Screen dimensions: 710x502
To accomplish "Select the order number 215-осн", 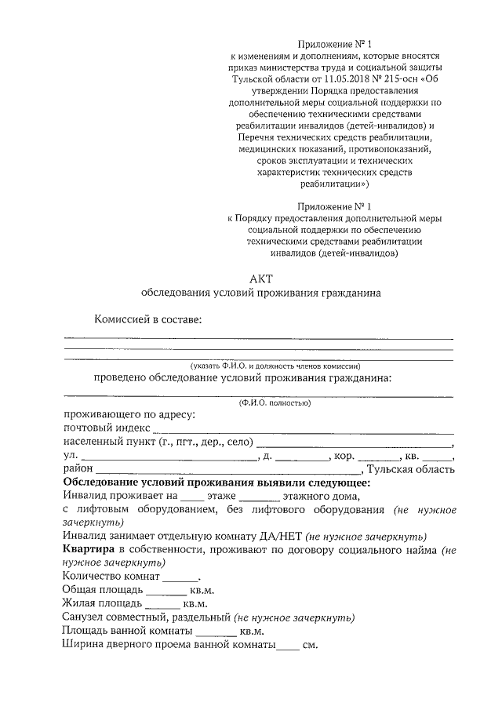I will pyautogui.click(x=393, y=79).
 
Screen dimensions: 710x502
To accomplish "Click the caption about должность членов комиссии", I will pyautogui.click(x=275, y=366).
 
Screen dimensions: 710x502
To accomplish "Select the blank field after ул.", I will pyautogui.click(x=168, y=458).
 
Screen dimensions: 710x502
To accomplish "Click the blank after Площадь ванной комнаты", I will pyautogui.click(x=216, y=632).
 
